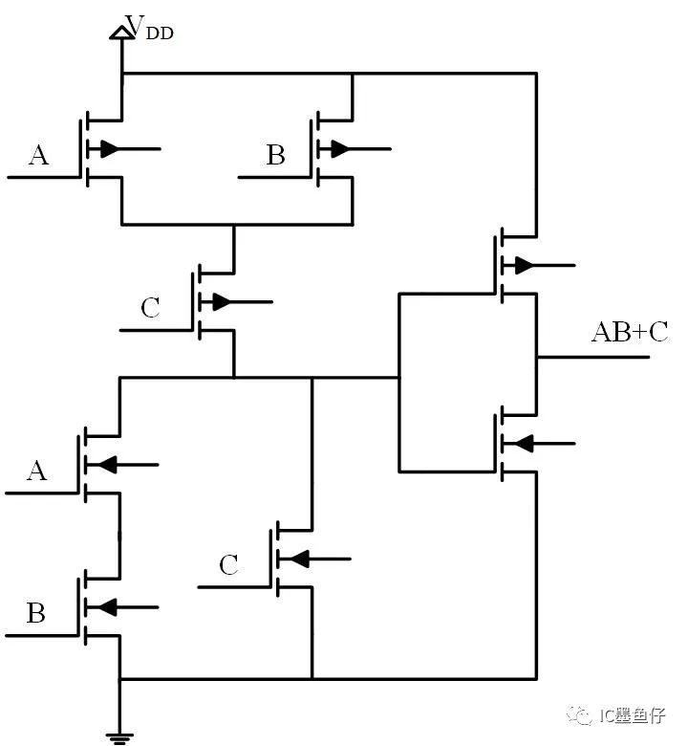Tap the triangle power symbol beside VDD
[x=121, y=33]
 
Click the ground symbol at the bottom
[x=119, y=738]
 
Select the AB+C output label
[x=630, y=332]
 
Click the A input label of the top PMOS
[x=38, y=155]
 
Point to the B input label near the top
[x=276, y=155]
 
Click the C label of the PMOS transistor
[x=150, y=307]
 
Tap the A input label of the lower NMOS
[x=37, y=471]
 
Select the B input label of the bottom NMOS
[x=36, y=613]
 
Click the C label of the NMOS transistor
[x=228, y=565]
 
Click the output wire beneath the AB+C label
[x=593, y=357]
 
